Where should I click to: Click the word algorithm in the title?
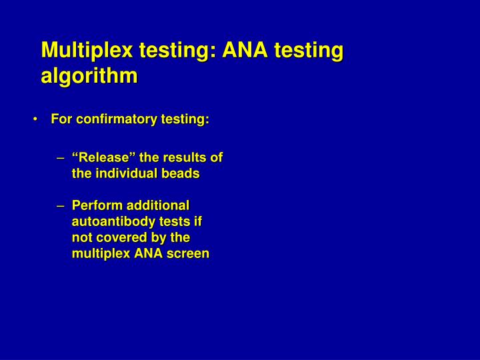[89, 75]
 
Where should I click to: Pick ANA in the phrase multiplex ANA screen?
[151, 253]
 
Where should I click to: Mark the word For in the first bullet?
[61, 119]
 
